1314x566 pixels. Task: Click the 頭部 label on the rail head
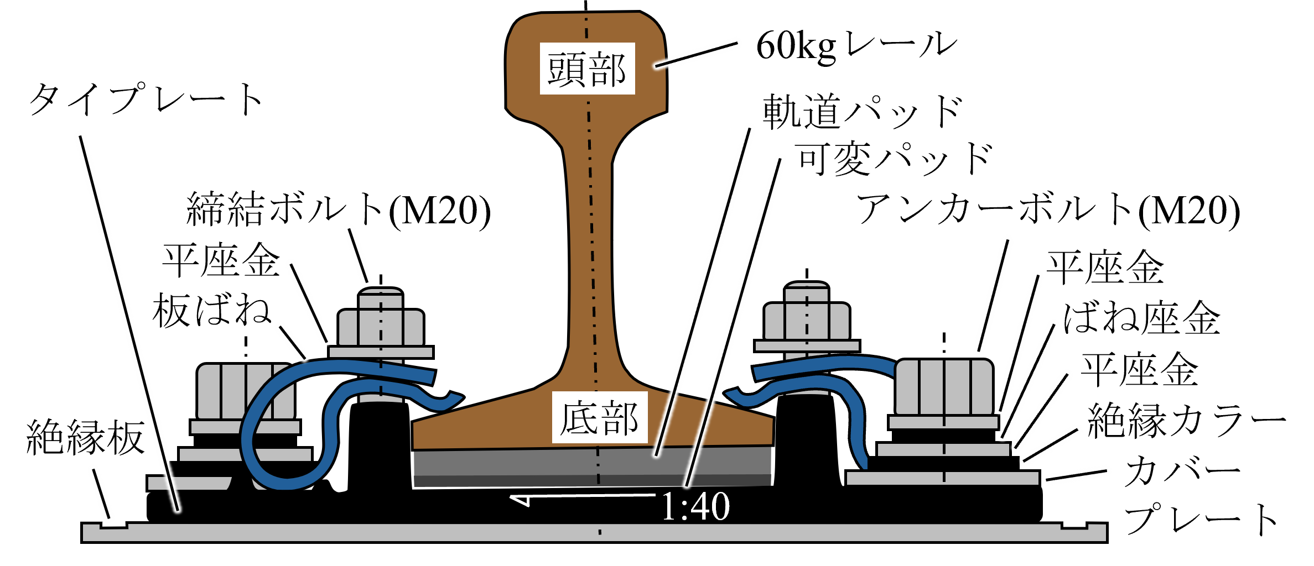587,69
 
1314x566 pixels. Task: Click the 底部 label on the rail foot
600,417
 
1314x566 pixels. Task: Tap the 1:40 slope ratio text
695,506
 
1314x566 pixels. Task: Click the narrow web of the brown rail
590,249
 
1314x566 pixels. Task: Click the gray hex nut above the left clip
381,327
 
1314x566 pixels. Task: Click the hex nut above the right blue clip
807,321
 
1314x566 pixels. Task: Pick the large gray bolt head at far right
944,387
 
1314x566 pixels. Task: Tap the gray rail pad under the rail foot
592,462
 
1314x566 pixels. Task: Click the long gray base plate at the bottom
594,533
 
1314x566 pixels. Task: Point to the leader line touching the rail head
698,54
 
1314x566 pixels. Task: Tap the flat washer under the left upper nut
381,352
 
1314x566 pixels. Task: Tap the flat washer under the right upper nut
807,346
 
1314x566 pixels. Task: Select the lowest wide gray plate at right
942,478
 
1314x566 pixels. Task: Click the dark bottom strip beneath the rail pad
592,481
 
